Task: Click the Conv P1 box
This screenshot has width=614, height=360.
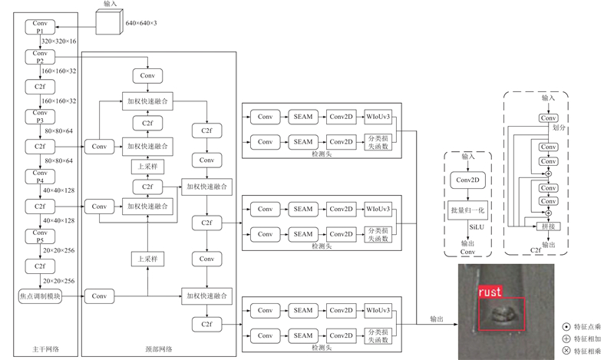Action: click(39, 27)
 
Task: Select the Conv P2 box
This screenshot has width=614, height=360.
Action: click(39, 57)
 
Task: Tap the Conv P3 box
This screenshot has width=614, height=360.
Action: click(39, 117)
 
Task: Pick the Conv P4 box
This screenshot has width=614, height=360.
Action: click(39, 177)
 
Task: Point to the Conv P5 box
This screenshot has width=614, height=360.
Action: click(39, 236)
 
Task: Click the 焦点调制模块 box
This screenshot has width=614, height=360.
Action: click(39, 296)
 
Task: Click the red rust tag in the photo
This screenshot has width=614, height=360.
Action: click(490, 292)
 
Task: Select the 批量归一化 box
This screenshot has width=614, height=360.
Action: click(467, 209)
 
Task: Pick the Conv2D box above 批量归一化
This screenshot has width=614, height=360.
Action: click(467, 180)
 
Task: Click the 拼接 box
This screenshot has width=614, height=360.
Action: click(548, 226)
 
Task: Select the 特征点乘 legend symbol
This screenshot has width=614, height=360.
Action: click(566, 326)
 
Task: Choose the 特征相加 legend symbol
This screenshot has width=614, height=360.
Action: click(566, 339)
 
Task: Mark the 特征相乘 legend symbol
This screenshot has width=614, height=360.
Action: click(566, 351)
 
